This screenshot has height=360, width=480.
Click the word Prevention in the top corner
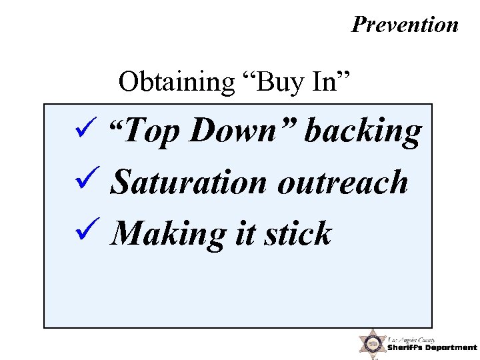tap(405, 25)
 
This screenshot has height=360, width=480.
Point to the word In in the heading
tap(326, 83)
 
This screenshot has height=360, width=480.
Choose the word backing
tap(363, 133)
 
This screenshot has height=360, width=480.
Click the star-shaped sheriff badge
tap(371, 344)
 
